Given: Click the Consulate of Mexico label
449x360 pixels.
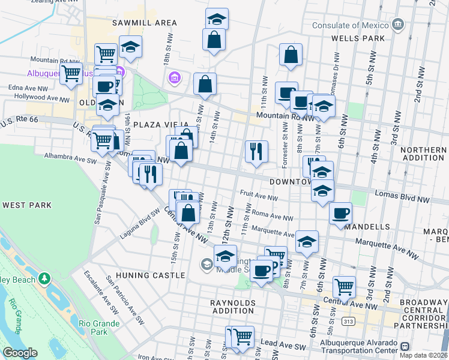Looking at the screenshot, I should (x=351, y=25).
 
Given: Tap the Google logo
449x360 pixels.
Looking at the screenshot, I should (x=20, y=352).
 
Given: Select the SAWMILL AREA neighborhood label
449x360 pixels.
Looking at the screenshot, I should (x=145, y=23).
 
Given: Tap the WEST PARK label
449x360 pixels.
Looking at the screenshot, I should (x=27, y=205).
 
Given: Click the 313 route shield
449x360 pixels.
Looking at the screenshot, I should (x=346, y=321).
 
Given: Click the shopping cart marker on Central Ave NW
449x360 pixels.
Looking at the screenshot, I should (x=344, y=286).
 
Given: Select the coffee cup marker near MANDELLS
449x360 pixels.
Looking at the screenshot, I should (x=340, y=213).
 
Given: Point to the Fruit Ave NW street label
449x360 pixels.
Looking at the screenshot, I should (x=259, y=196).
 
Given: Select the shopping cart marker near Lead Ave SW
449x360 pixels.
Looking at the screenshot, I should (x=243, y=337).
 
